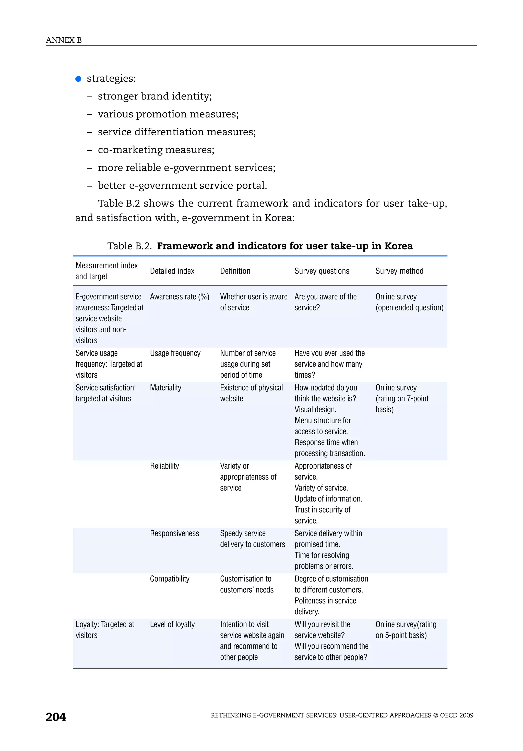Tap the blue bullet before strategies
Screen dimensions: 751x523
(78, 79)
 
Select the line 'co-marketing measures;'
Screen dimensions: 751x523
(156, 150)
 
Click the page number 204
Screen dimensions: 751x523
(56, 717)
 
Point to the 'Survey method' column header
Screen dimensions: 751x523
(399, 271)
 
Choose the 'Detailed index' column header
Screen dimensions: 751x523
(172, 271)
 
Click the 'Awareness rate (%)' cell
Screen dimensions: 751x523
(180, 297)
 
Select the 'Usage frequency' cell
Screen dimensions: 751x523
(175, 353)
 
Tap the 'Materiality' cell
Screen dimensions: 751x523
(165, 388)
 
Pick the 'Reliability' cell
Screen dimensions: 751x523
(164, 466)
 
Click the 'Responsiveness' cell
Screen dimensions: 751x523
(174, 533)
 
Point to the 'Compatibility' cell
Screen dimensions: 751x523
(169, 579)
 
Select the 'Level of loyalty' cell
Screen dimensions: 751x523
(172, 624)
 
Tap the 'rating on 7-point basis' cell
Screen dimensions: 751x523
(402, 398)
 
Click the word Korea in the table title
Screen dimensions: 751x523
(398, 246)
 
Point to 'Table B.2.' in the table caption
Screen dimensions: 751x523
(129, 246)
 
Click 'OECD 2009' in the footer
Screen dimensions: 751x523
(457, 715)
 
